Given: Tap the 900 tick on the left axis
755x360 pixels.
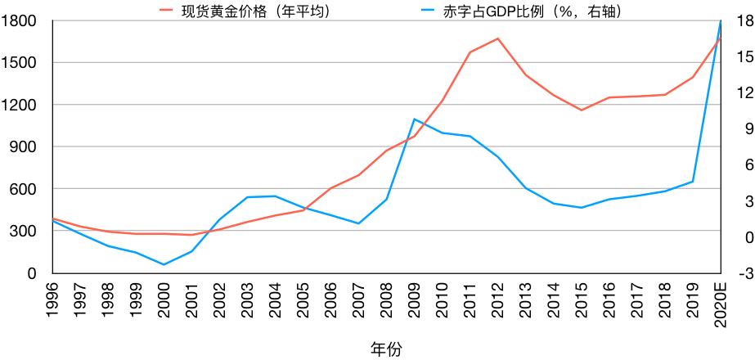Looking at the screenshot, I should pyautogui.click(x=22, y=147).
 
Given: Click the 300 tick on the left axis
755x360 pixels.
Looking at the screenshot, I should pyautogui.click(x=22, y=232).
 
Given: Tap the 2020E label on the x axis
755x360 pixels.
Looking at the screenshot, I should pyautogui.click(x=721, y=302).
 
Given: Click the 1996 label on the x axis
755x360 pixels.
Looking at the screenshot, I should pyautogui.click(x=53, y=298).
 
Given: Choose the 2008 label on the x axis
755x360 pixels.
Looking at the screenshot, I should pyautogui.click(x=387, y=298).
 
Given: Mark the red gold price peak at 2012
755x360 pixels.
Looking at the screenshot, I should pyautogui.click(x=498, y=38).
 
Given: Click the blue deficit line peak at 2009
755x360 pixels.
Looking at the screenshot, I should pyautogui.click(x=415, y=119).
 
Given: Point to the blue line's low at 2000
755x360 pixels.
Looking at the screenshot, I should pyautogui.click(x=164, y=264).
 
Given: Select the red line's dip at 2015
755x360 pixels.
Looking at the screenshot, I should pyautogui.click(x=582, y=110).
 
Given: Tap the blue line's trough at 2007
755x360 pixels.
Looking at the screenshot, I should pyautogui.click(x=359, y=223).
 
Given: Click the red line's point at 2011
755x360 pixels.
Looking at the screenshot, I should pyautogui.click(x=470, y=52).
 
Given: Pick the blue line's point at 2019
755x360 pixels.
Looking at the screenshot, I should pyautogui.click(x=693, y=182).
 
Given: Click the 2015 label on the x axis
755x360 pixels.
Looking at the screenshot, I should pyautogui.click(x=582, y=298).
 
